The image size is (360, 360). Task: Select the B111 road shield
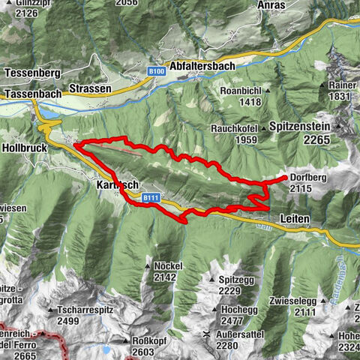pyautogui.click(x=151, y=197)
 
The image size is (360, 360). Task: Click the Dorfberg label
pyautogui.click(x=308, y=178)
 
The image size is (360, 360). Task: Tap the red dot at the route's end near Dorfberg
pyautogui.click(x=284, y=178)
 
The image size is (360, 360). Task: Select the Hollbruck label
pyautogui.click(x=24, y=148)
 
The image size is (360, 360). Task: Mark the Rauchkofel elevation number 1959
pyautogui.click(x=238, y=139)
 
